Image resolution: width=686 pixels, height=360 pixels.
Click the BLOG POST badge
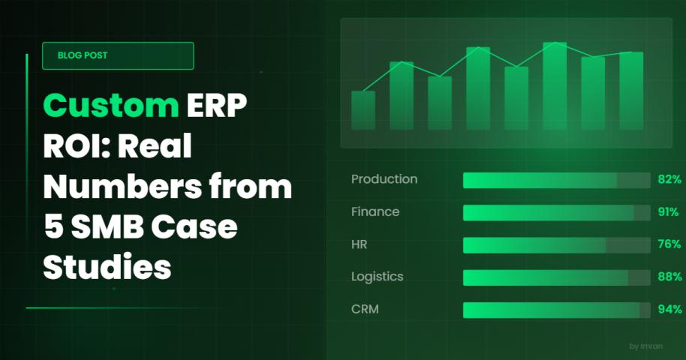118,55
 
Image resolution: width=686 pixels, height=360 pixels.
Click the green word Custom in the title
110,106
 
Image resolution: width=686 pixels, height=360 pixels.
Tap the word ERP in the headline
217,105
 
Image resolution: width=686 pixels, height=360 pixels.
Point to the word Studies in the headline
107,267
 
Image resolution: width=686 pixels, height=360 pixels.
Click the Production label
384,179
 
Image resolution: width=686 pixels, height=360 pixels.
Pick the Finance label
375,211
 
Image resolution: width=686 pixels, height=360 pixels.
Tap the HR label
359,244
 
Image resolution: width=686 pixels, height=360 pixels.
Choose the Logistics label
377,277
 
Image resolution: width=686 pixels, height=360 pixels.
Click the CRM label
365,309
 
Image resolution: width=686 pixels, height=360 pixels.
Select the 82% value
669,179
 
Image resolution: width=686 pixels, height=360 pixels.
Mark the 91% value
669,212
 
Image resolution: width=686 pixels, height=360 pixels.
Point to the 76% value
669,244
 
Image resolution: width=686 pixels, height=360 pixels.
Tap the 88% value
669,277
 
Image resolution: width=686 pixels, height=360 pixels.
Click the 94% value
669,309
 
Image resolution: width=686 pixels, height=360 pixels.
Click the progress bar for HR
556,245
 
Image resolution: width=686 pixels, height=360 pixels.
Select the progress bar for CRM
556,310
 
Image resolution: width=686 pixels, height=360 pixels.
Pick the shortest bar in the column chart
363,110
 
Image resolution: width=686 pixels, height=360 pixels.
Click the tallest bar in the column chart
555,86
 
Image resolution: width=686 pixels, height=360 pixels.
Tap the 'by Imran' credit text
645,346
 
